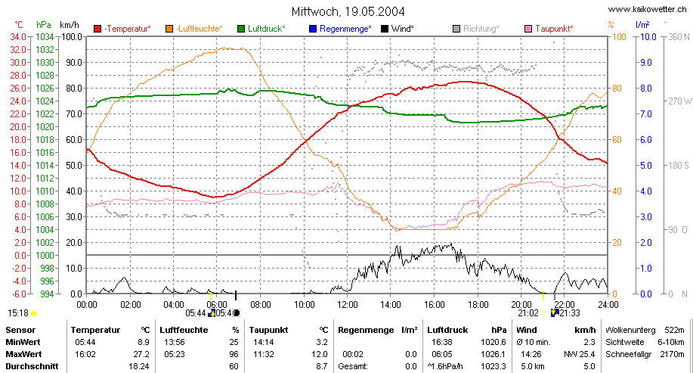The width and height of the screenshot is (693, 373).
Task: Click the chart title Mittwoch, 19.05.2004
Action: point(348,11)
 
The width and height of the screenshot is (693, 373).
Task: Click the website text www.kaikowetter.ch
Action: point(647,9)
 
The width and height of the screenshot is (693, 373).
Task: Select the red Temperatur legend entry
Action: point(122,29)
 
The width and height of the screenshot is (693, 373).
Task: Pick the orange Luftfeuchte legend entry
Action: point(194,29)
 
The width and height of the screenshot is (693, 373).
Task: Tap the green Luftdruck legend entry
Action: point(261,29)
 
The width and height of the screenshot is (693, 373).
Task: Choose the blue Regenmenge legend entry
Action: point(340,29)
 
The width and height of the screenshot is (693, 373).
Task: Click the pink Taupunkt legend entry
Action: point(549,29)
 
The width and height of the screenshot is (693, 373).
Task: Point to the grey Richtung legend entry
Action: point(476,29)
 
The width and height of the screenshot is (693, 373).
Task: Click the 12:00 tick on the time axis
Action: point(348,305)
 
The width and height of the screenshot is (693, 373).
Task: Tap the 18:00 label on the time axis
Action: point(478,305)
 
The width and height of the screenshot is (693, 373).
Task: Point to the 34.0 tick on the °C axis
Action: point(18,37)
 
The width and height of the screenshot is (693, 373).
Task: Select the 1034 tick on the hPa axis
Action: point(45,37)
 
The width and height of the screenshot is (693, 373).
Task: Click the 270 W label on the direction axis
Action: point(679,101)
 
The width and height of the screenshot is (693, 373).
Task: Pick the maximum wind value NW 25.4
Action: point(580,354)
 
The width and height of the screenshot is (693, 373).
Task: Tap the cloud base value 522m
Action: point(674,330)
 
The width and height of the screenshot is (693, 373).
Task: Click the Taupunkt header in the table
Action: point(268,330)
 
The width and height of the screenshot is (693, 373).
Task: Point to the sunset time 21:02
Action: point(528,313)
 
